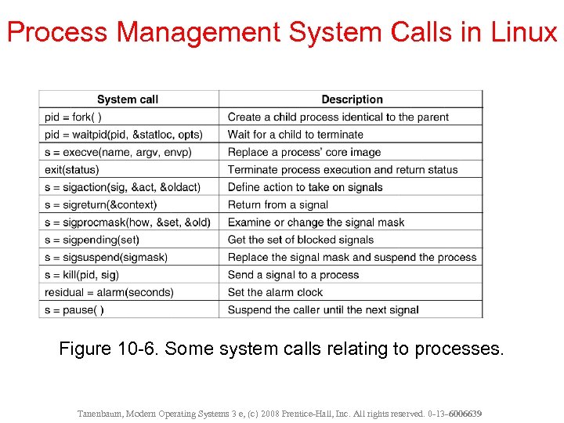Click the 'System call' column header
tap(128, 99)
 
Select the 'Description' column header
tap(352, 99)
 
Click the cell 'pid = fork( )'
tap(74, 117)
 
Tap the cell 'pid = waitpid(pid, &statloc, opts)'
tap(124, 135)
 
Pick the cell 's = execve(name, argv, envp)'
tap(118, 152)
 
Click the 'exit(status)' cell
tap(72, 169)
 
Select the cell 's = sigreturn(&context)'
tap(101, 204)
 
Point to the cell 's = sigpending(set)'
tap(92, 240)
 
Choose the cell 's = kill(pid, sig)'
tap(82, 275)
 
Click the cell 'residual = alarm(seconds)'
tap(109, 292)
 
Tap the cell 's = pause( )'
tap(74, 309)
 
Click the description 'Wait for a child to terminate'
tap(295, 135)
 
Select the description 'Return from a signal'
tap(278, 204)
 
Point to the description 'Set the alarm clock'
tap(275, 292)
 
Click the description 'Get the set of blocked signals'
tap(301, 240)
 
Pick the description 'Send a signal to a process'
tap(293, 275)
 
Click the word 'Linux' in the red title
tap(524, 32)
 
